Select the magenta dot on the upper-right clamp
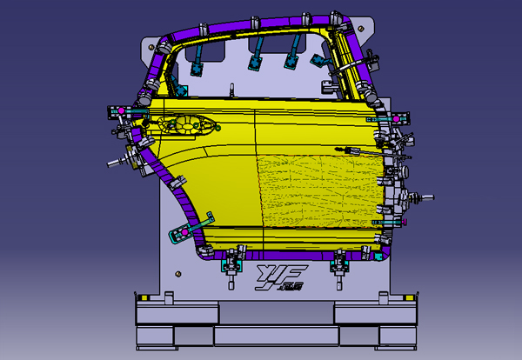397,117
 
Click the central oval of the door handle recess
185,125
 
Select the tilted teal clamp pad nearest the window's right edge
318,59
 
